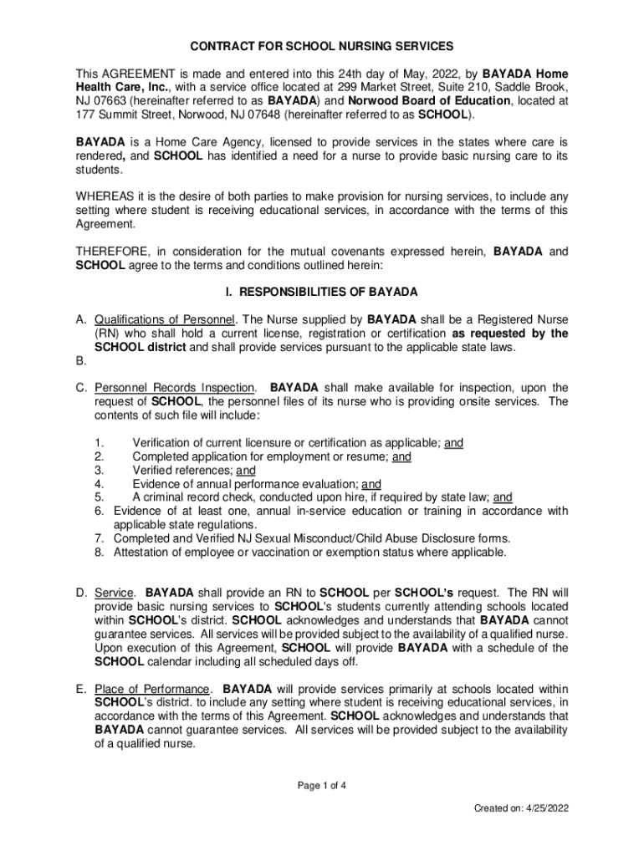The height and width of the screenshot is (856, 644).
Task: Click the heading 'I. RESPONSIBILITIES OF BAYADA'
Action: pos(322,292)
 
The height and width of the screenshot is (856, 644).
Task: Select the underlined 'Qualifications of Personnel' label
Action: pos(166,319)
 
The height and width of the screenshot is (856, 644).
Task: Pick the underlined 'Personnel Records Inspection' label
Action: pos(175,388)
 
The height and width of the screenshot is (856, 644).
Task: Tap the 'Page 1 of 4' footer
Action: pos(321,785)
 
